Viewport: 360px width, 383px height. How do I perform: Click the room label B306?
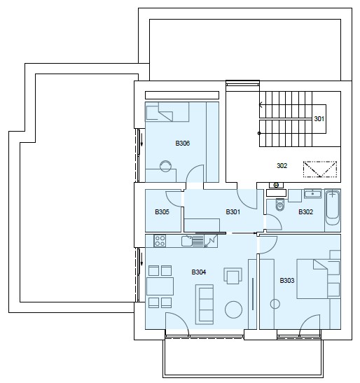pyautogui.click(x=183, y=143)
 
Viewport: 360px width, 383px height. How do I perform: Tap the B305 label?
pyautogui.click(x=162, y=211)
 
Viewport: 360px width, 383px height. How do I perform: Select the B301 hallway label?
pyautogui.click(x=233, y=211)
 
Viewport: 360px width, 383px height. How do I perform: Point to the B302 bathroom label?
pyautogui.click(x=305, y=211)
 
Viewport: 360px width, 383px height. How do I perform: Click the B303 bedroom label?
pyautogui.click(x=287, y=280)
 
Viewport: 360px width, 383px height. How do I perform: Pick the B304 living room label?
pyautogui.click(x=199, y=272)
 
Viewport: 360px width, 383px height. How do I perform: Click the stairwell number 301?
pyautogui.click(x=319, y=119)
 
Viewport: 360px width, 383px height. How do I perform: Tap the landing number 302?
pyautogui.click(x=282, y=166)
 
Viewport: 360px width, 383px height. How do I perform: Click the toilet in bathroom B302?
pyautogui.click(x=280, y=204)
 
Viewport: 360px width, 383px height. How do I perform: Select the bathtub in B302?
pyautogui.click(x=333, y=208)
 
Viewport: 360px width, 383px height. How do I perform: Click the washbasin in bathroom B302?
pyautogui.click(x=312, y=194)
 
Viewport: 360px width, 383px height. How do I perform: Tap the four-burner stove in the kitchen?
pyautogui.click(x=160, y=241)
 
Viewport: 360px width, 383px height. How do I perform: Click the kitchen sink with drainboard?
pyautogui.click(x=193, y=241)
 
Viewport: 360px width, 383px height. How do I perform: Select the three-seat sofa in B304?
pyautogui.click(x=205, y=304)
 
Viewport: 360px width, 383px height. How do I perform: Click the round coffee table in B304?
pyautogui.click(x=233, y=309)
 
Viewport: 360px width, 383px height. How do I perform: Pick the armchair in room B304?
pyautogui.click(x=233, y=276)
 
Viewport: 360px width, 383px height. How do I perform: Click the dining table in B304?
pyautogui.click(x=160, y=286)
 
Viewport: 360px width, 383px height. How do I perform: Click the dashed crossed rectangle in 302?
pyautogui.click(x=320, y=169)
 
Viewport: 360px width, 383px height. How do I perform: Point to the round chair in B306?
pyautogui.click(x=165, y=166)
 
